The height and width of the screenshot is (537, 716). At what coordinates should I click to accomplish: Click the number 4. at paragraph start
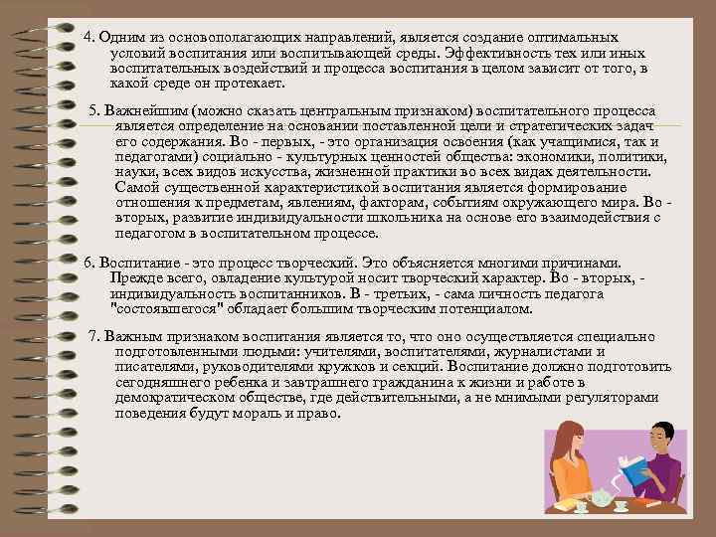click(x=89, y=36)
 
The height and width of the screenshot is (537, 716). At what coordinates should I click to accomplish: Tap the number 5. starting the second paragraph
click(x=93, y=107)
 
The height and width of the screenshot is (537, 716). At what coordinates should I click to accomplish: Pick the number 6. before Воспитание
click(x=89, y=263)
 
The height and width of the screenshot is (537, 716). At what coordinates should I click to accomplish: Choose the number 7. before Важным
click(x=93, y=336)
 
